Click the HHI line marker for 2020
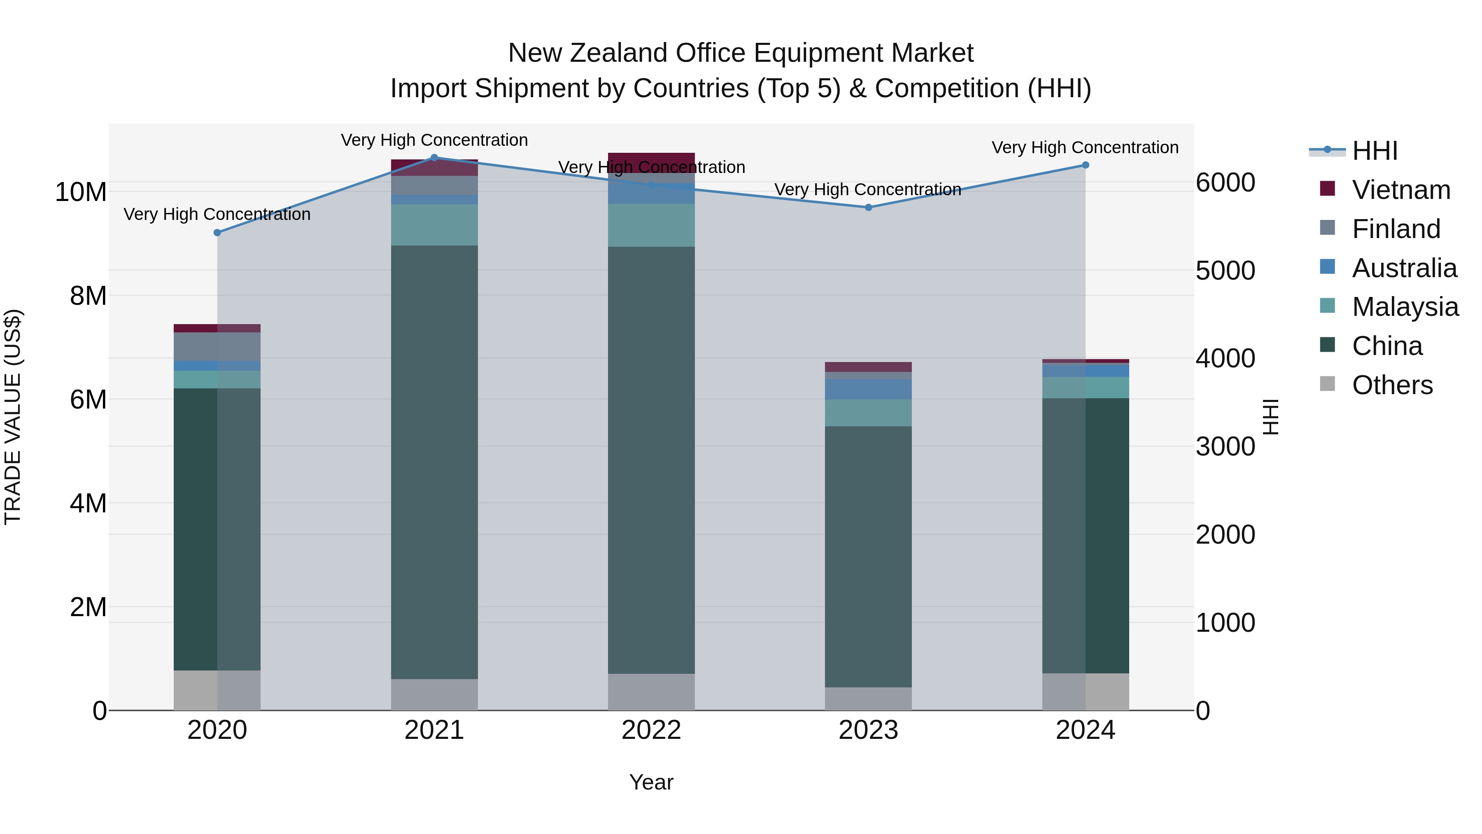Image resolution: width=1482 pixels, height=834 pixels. tap(217, 233)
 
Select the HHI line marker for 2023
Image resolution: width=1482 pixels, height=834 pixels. tap(868, 207)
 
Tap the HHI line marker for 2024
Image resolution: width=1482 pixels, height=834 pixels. tap(1085, 165)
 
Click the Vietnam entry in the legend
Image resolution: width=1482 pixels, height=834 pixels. tap(1401, 190)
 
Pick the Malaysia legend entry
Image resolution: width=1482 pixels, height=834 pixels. tap(1405, 307)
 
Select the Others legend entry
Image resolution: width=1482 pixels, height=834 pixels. tap(1392, 385)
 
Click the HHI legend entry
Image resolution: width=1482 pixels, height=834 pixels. tap(1375, 151)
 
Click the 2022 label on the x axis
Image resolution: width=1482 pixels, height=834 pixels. tap(651, 730)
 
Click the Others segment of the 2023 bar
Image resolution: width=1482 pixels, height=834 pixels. tap(868, 699)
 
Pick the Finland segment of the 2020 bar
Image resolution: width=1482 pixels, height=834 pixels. tap(217, 346)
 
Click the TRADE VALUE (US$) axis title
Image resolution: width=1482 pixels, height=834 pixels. tap(13, 417)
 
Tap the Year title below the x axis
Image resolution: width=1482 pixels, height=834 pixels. tap(651, 782)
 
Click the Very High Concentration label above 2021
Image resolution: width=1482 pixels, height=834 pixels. tap(434, 140)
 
